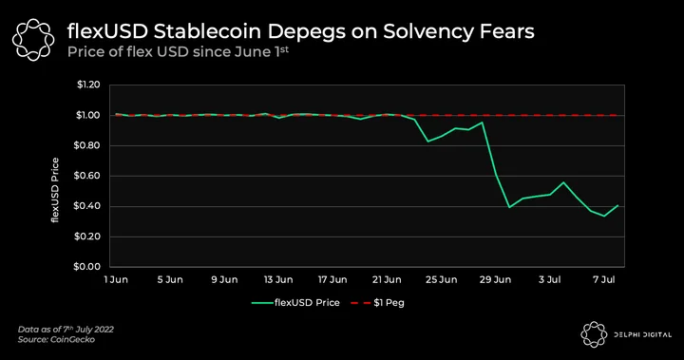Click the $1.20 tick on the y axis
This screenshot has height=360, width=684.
[88, 85]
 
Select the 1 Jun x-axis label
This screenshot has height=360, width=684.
[116, 279]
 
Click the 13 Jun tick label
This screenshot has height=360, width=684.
[278, 279]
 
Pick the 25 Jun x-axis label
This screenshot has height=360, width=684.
[441, 279]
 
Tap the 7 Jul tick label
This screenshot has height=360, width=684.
[604, 279]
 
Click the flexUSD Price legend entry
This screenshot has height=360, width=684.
[295, 303]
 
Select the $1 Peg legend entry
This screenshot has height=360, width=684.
[378, 303]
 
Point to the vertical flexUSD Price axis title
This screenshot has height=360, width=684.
[55, 190]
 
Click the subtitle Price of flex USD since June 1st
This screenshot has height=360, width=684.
[178, 52]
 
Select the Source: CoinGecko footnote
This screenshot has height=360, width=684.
[56, 339]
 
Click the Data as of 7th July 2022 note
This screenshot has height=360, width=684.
[66, 330]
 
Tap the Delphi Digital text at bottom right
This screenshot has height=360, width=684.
[642, 335]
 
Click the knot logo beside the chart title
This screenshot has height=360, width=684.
[33, 39]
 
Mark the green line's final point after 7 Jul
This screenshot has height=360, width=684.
[617, 205]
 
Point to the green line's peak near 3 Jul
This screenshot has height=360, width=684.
[563, 182]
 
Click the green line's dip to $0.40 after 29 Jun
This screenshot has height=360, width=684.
[509, 207]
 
